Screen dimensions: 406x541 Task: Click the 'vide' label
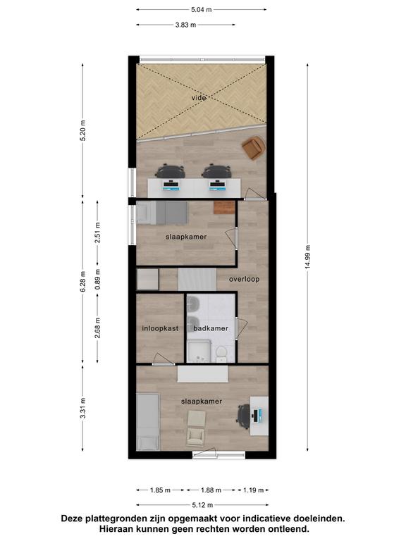coord(199,98)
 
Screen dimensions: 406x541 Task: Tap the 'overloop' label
coord(244,279)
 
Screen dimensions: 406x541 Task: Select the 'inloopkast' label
coord(160,328)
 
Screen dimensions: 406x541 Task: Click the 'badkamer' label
coord(211,328)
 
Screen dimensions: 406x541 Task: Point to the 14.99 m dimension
coord(307,257)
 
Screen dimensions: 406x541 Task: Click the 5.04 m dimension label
coord(202,10)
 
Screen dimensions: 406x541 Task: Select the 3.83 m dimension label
coord(186,25)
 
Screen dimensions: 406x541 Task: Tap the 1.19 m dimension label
coord(254,490)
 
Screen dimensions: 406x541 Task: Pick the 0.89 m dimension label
coord(98,279)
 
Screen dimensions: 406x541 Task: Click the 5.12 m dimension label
coord(203,505)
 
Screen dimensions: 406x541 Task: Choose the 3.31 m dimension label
coord(83,408)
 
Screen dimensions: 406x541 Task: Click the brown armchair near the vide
coord(254,148)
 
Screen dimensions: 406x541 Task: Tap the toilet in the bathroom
coord(221,354)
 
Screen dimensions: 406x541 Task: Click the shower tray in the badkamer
coord(199,352)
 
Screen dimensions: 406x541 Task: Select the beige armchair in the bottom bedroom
coord(196,428)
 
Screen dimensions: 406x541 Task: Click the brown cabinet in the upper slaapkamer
coord(224,207)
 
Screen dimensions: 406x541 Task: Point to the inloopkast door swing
coord(163,359)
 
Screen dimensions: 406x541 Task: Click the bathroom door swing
coord(242,328)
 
